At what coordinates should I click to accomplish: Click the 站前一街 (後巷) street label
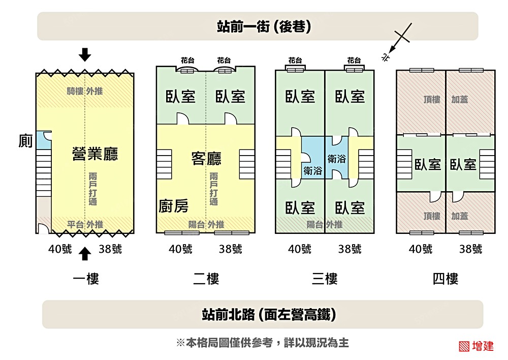point(257,26)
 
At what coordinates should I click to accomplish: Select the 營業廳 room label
point(95,155)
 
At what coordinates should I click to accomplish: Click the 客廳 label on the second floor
point(206,159)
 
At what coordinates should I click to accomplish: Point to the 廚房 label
point(173,206)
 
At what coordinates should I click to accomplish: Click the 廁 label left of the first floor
point(25,141)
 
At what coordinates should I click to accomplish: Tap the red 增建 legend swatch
point(463,346)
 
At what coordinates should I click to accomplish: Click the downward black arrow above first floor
point(85,54)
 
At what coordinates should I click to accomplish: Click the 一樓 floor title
point(85,279)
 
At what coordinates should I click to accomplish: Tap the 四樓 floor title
point(446,279)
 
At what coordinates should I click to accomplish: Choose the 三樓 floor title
point(325,279)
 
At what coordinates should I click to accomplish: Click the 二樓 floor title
point(206,279)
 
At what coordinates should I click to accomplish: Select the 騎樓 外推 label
point(85,92)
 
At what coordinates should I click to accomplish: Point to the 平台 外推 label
point(85,224)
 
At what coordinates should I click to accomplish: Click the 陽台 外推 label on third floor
point(324,224)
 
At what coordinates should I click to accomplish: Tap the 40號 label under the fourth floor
point(421,249)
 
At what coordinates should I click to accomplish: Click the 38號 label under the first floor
point(110,249)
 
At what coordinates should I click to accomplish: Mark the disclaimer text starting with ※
point(262,343)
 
